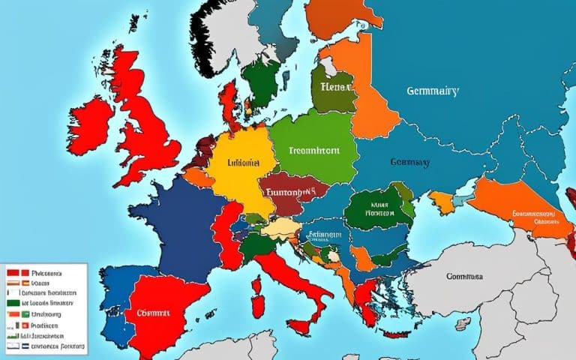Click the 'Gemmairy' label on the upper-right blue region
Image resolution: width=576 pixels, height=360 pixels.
coord(433,91)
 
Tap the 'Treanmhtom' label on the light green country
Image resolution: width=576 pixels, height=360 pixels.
coord(313,150)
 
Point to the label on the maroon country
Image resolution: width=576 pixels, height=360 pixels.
coord(284,192)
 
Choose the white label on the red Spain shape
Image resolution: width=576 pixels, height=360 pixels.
coord(158,313)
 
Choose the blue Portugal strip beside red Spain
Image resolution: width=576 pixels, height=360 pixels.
coord(112,300)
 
